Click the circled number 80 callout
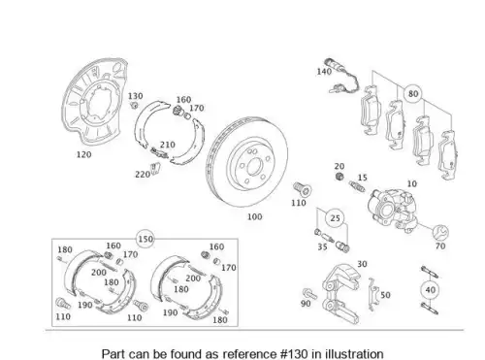tap(413, 94)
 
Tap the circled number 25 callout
tap(335, 218)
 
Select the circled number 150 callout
tap(145, 239)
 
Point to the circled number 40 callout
tap(431, 290)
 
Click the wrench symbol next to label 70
tap(441, 232)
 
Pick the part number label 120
tap(83, 154)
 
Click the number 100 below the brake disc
tap(254, 216)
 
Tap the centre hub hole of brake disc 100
tap(254, 167)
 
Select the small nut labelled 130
tap(134, 105)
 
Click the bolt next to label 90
tap(309, 294)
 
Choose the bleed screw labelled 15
tap(357, 186)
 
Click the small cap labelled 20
tap(339, 177)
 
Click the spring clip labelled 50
tap(373, 294)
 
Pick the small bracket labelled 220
tap(155, 168)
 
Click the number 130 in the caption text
tap(297, 353)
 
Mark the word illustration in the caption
tap(354, 353)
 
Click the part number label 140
tap(324, 72)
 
